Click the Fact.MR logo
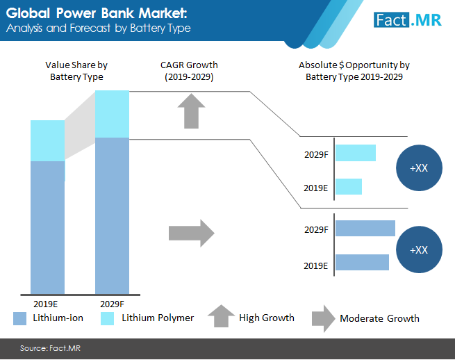[x=407, y=20]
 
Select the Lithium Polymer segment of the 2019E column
[x=48, y=141]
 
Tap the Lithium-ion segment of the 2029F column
[x=112, y=216]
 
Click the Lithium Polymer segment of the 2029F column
[x=112, y=114]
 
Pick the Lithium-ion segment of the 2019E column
[x=48, y=228]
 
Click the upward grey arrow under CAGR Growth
[x=191, y=111]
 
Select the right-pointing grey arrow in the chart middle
[x=192, y=233]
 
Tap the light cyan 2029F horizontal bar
[x=356, y=153]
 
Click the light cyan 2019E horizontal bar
[x=349, y=186]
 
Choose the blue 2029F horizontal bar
[x=365, y=228]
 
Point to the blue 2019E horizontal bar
[x=362, y=262]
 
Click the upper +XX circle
[x=419, y=167]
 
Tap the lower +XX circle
[x=419, y=249]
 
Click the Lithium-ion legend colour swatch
[x=19, y=318]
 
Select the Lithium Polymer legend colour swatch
[x=107, y=318]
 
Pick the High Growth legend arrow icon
[x=221, y=316]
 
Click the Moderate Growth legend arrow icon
[x=324, y=319]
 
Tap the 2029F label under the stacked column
[x=112, y=304]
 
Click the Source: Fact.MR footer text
[x=50, y=348]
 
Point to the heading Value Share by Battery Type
[x=76, y=71]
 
